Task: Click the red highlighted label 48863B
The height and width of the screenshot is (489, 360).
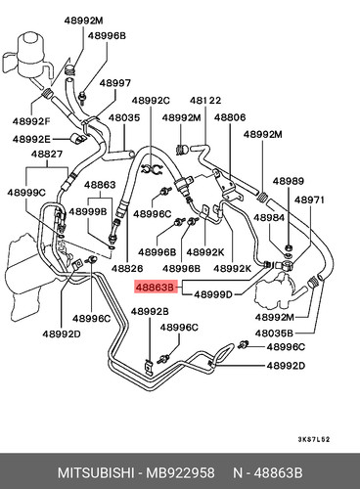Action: pos(156,287)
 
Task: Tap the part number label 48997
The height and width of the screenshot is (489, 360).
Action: pos(115,83)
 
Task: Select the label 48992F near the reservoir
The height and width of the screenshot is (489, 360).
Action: pos(31,121)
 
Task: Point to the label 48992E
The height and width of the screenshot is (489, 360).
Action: pos(31,139)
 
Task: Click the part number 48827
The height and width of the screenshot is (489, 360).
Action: pos(47,154)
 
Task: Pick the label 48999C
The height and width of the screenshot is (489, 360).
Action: pos(26,193)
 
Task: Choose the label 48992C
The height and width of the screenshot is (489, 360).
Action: pos(151,100)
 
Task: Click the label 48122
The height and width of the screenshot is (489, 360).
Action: pos(205,100)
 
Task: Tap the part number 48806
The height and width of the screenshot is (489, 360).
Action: pos(230,117)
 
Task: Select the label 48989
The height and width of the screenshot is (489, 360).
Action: pos(289,181)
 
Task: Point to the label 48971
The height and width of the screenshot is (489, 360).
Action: pos(309,200)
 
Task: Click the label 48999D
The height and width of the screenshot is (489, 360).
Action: pos(213,294)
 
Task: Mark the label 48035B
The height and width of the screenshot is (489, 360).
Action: pos(274,333)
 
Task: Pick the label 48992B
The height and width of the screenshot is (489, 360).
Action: pos(150,311)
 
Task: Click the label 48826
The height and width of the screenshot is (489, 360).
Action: pos(127,268)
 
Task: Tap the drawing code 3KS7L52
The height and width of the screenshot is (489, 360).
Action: pos(314,439)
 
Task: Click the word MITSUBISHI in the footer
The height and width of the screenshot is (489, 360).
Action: pos(96,472)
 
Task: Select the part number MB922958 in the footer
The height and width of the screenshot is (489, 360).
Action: pos(180,472)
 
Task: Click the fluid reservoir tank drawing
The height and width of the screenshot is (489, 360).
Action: pos(30,57)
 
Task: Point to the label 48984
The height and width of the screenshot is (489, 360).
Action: pos(269,217)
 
